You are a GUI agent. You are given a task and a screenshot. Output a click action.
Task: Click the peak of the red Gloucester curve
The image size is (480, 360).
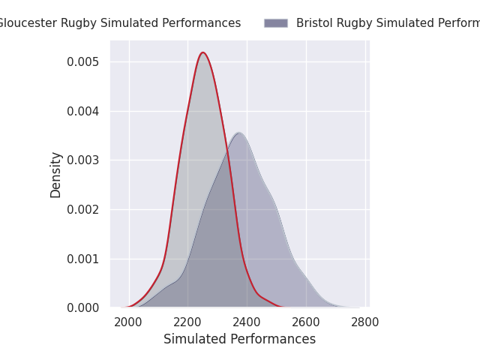coord(202,52)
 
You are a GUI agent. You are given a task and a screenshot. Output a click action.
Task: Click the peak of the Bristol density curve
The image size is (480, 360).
coord(238,133)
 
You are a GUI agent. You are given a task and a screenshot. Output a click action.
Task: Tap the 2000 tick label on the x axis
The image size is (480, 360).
coord(129,322)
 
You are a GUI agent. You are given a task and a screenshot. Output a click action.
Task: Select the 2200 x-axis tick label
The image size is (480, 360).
coord(188,322)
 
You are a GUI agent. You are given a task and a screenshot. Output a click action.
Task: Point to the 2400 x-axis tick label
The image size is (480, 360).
coord(247,322)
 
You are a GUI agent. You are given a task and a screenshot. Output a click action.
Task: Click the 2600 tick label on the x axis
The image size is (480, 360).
coord(306,322)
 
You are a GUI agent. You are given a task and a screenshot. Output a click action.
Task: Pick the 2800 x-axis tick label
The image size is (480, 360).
coord(365,322)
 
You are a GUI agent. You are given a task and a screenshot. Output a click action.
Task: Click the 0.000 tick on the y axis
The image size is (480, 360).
coord(83,308)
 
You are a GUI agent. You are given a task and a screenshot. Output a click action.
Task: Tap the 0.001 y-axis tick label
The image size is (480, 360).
coord(83,259)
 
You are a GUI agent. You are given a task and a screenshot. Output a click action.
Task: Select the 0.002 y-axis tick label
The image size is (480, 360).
coord(83,209)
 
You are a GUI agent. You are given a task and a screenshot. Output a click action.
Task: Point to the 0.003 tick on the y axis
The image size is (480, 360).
coord(83,160)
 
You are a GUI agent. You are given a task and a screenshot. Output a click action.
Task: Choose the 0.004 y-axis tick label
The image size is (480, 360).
coord(83,111)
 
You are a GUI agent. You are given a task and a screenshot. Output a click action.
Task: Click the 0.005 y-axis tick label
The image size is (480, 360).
coord(83,61)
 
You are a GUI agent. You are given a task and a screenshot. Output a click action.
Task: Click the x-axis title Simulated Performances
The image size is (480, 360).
coord(239,339)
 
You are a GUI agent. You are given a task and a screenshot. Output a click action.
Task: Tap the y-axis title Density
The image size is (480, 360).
coord(56,175)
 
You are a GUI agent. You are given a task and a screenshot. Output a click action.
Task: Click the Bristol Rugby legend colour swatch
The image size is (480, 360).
coord(276,23)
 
